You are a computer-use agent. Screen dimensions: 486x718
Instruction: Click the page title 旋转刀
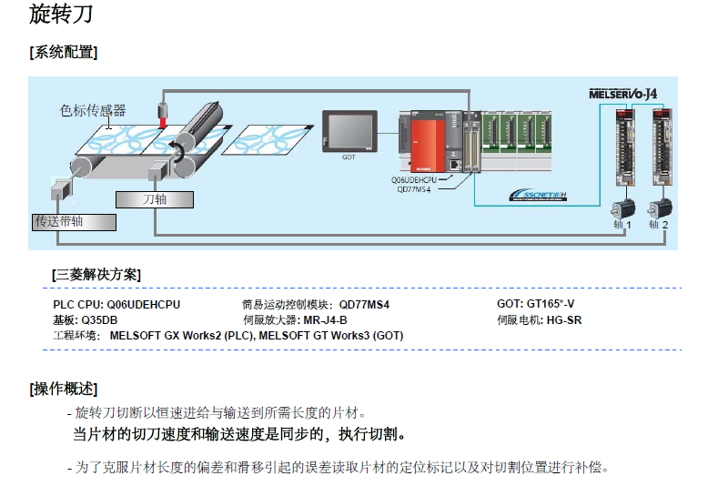[60, 15]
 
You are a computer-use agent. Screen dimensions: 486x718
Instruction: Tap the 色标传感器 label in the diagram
[93, 110]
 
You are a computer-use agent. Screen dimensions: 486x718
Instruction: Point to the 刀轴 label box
[155, 198]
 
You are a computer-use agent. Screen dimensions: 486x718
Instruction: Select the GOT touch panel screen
[349, 131]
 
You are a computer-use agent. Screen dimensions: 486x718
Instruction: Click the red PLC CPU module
[425, 144]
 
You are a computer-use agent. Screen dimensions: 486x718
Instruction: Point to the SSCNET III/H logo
[539, 195]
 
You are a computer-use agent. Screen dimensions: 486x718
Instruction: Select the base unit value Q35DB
[98, 320]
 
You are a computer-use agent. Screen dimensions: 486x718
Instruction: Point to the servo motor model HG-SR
[564, 320]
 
